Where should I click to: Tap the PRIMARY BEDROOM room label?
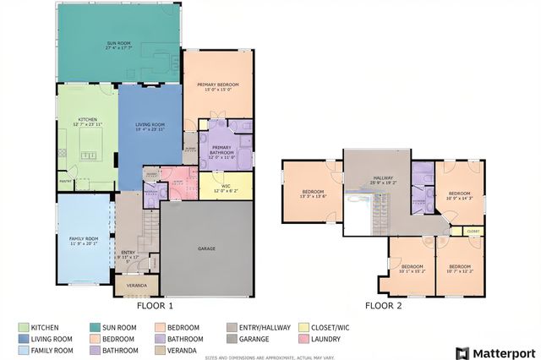pyautogui.click(x=218, y=85)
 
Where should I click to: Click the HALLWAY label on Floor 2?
pyautogui.click(x=383, y=178)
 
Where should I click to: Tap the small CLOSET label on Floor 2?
pyautogui.click(x=473, y=230)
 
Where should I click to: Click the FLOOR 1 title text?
pyautogui.click(x=155, y=306)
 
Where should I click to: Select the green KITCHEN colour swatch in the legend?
pyautogui.click(x=23, y=327)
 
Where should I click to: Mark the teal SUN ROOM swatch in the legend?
pyautogui.click(x=94, y=327)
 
